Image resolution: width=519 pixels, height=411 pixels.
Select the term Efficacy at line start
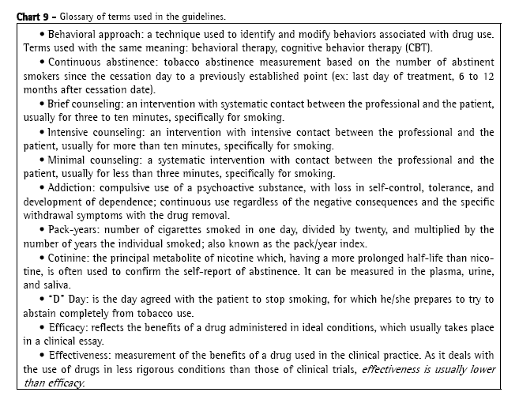tap(70, 327)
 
